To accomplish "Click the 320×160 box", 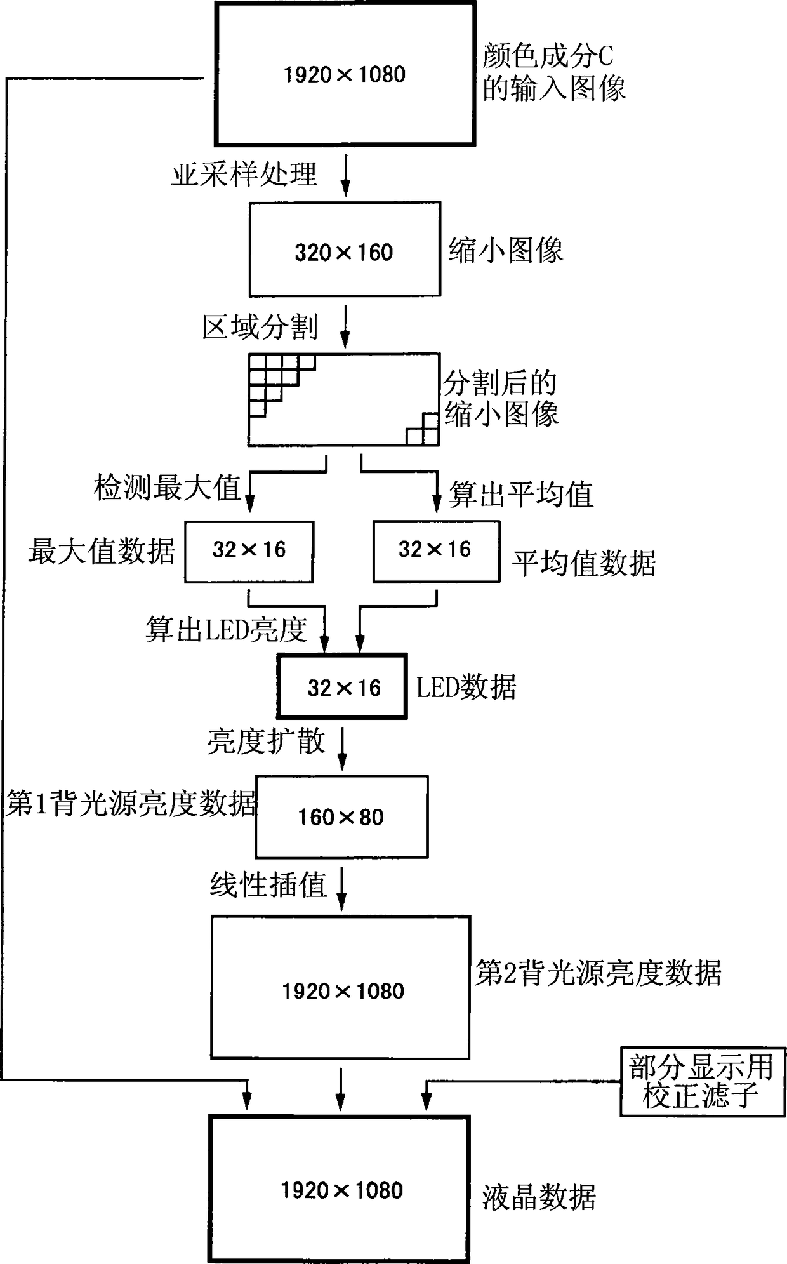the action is coord(345,249).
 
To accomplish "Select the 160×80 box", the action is coord(341,816).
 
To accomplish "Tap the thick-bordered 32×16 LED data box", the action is coord(342,686).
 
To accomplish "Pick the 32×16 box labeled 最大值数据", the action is coord(249,551).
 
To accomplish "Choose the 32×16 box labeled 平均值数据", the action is coord(436,551).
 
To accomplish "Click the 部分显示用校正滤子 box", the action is coord(703,1081).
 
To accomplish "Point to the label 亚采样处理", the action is coord(244,174).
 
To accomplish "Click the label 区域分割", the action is coord(260,327).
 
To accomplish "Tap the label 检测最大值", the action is coord(167,488).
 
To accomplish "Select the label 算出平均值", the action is coord(521,494).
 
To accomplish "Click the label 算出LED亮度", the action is coord(227,629).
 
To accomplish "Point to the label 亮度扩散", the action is coord(266,740).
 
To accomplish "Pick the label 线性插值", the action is coord(268,884).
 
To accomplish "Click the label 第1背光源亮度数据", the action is coord(131,804).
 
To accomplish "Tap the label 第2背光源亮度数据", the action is coord(599,972).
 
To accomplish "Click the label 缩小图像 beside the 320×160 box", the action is coord(506,249).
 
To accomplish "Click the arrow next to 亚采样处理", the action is coord(345,175).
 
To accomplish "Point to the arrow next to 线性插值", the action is coord(341,889).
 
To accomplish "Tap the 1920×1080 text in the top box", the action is coord(345,74).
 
